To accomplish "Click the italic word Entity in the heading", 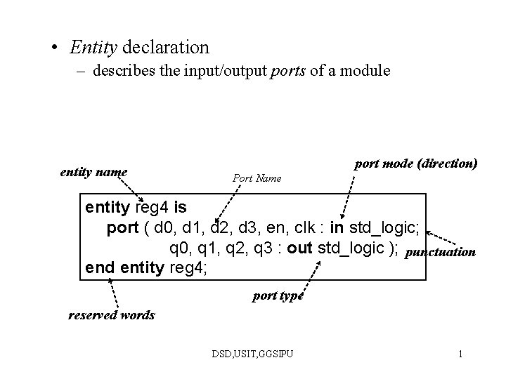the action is [x=93, y=48].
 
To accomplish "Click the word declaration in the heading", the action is [x=166, y=48].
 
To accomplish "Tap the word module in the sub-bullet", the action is [x=365, y=72].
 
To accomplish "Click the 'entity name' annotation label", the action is [x=94, y=171].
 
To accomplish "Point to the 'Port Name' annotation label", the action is [x=257, y=178].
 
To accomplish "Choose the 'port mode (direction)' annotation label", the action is [x=416, y=164].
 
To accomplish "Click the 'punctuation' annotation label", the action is [x=441, y=251].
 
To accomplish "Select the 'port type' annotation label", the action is [x=278, y=295].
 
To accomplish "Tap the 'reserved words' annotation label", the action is [x=111, y=314].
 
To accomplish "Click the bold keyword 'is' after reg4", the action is [x=181, y=208].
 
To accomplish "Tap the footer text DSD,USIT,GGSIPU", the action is [x=253, y=354].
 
